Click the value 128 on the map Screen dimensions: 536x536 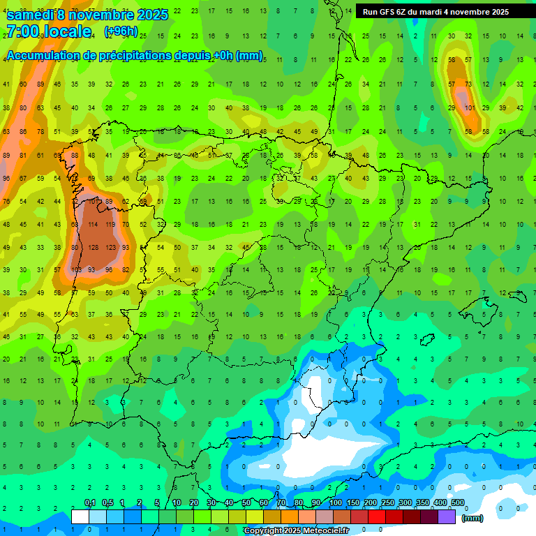pos(94,247)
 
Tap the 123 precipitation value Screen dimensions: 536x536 pos(110,247)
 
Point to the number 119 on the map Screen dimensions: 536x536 pos(110,225)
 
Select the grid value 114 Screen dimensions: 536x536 pos(94,225)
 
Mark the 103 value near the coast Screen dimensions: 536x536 pos(77,269)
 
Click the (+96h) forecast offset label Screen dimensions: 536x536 pos(121,31)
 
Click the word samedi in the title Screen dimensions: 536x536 pos(31,14)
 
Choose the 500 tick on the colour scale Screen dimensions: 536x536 pos(458,503)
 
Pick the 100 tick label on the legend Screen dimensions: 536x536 pos(335,503)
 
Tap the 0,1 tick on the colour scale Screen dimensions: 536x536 pos(90,503)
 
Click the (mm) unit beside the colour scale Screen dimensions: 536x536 pos(472,518)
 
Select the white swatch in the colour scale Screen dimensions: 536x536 pos(80,516)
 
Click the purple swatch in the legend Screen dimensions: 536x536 pos(447,516)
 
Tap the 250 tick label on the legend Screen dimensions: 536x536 pos(387,503)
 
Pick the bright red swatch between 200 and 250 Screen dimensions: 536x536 pos(377,516)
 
